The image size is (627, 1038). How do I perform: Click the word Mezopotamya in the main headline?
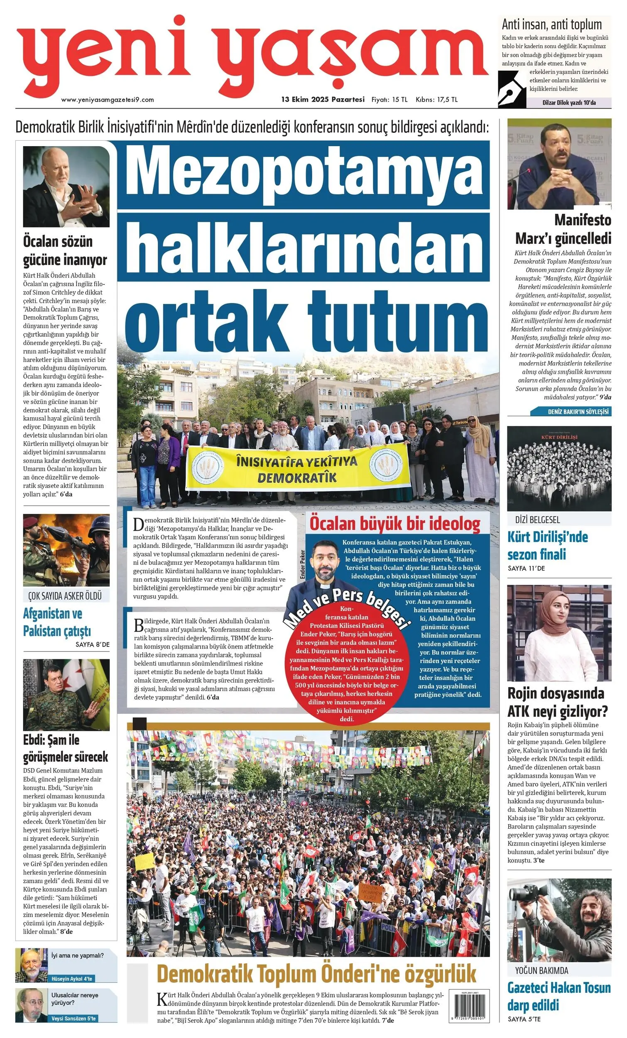[304, 175]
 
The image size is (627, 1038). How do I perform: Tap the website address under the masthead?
[108, 100]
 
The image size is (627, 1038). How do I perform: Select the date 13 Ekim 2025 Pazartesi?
[323, 100]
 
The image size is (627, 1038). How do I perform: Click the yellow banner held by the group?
[297, 468]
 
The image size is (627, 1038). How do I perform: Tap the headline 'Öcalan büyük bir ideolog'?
[395, 524]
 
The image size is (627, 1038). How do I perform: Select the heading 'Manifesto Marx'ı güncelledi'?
[563, 229]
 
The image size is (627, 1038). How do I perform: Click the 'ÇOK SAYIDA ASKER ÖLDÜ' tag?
[65, 596]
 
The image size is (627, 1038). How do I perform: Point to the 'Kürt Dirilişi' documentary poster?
[559, 468]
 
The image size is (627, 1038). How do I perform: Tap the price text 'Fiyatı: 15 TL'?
[389, 100]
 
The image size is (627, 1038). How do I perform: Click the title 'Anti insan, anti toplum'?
[551, 24]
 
